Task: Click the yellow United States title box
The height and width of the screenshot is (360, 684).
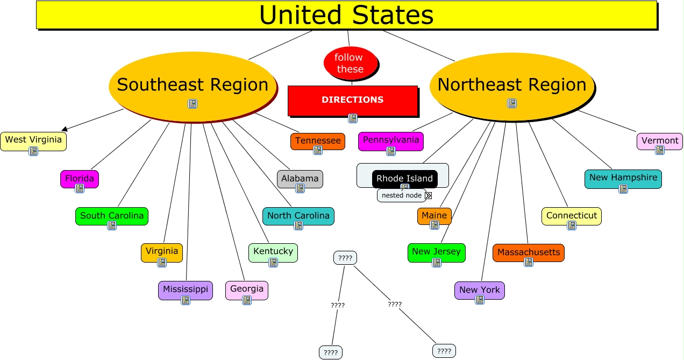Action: (x=346, y=15)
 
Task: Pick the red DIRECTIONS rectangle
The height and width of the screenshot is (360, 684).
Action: (x=353, y=100)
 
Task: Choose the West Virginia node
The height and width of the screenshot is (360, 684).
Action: (x=33, y=140)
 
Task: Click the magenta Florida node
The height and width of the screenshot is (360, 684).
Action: (x=80, y=179)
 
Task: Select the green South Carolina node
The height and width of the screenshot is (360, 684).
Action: (x=112, y=216)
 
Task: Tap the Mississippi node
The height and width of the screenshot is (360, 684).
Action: (x=186, y=290)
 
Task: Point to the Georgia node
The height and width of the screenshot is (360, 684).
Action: (x=247, y=290)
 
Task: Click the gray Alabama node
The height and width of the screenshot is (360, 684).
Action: (x=300, y=179)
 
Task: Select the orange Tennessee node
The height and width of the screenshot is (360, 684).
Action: (x=318, y=141)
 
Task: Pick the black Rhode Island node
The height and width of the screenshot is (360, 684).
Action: (x=404, y=179)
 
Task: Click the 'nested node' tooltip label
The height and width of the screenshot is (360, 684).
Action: (x=401, y=195)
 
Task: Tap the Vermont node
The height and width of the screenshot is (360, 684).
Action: (x=660, y=141)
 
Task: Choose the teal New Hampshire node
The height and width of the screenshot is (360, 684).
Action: (x=623, y=178)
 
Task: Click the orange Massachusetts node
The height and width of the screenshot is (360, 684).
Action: (x=529, y=252)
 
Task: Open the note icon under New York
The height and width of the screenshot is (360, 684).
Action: (x=480, y=300)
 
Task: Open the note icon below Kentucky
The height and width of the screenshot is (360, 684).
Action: (x=273, y=263)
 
